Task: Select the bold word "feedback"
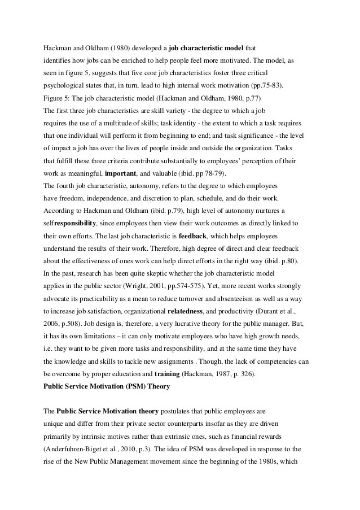[209, 235]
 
